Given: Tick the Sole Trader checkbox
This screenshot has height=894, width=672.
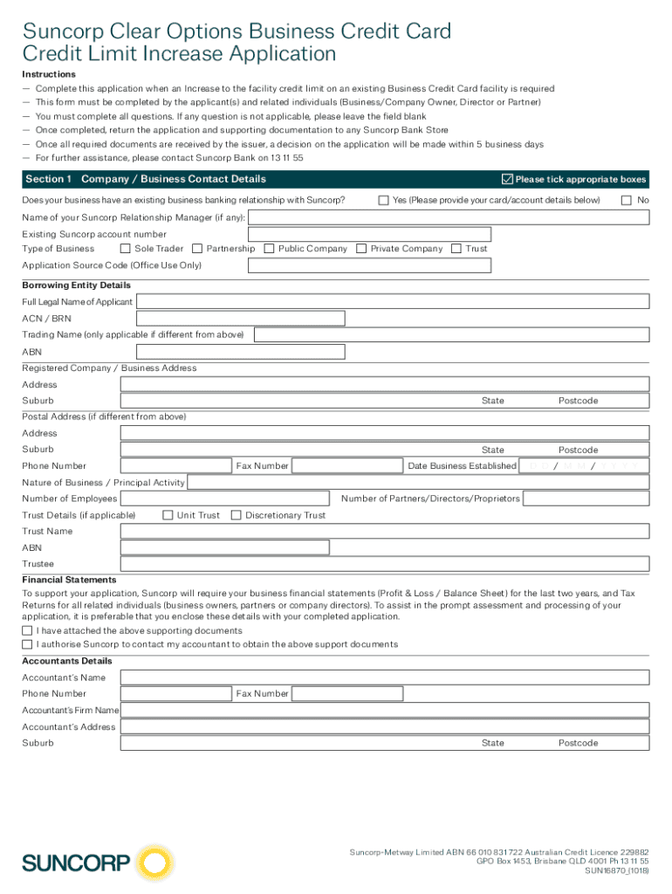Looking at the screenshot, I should pyautogui.click(x=125, y=249).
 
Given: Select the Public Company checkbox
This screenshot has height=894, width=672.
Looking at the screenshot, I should pyautogui.click(x=269, y=249).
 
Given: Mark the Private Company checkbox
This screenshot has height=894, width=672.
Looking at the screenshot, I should pyautogui.click(x=361, y=249).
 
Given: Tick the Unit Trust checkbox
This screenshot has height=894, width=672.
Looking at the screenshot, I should pyautogui.click(x=168, y=515).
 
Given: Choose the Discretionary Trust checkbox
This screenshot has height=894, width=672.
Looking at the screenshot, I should pyautogui.click(x=236, y=515).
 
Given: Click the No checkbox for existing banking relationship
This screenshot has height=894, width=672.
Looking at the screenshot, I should pyautogui.click(x=626, y=201).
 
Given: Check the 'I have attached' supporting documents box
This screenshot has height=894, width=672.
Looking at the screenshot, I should pyautogui.click(x=27, y=630).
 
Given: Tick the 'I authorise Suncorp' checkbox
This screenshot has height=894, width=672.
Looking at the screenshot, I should pyautogui.click(x=27, y=644).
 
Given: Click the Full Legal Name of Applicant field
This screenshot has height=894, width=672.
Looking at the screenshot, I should pyautogui.click(x=393, y=301).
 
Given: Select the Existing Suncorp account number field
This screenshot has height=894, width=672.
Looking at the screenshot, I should pyautogui.click(x=369, y=234).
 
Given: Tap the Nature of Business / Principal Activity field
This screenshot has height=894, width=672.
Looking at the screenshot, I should pyautogui.click(x=418, y=483).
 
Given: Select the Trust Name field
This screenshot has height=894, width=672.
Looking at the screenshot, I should pyautogui.click(x=385, y=531).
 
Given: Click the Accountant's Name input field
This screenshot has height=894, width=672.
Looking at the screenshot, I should pyautogui.click(x=385, y=677).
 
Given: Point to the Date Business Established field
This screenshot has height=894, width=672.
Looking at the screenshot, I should pyautogui.click(x=584, y=466).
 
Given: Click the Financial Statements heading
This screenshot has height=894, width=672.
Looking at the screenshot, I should pyautogui.click(x=69, y=580).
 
